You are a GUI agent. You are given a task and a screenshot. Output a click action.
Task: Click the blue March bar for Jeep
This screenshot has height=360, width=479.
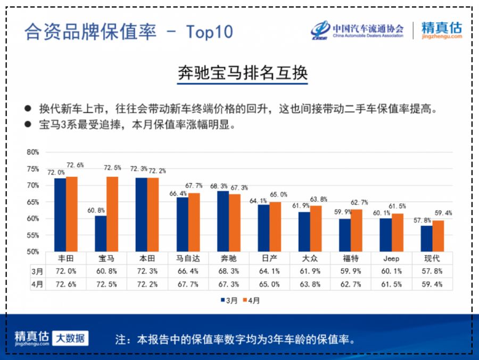point(386,235)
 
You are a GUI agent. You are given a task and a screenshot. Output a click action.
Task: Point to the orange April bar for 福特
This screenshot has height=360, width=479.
point(357,230)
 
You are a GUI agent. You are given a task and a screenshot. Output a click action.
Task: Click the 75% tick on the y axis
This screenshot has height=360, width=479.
point(33,169)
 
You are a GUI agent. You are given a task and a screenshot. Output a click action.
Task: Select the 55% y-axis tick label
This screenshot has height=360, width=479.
point(33,235)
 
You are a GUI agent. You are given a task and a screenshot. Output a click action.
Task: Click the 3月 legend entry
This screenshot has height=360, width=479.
point(229,300)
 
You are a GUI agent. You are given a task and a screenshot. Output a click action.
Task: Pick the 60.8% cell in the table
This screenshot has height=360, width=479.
point(106,271)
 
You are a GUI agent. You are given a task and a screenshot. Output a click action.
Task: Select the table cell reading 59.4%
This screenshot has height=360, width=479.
point(432,284)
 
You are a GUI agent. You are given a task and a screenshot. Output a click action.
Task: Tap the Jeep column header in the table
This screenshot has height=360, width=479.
point(391,258)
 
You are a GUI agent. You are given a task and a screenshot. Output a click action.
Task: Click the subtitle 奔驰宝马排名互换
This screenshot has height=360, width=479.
point(242,73)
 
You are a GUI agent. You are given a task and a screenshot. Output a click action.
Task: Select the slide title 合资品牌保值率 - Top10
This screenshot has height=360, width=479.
point(128,32)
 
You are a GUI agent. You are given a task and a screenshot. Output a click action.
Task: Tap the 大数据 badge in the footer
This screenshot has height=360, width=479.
point(70,338)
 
